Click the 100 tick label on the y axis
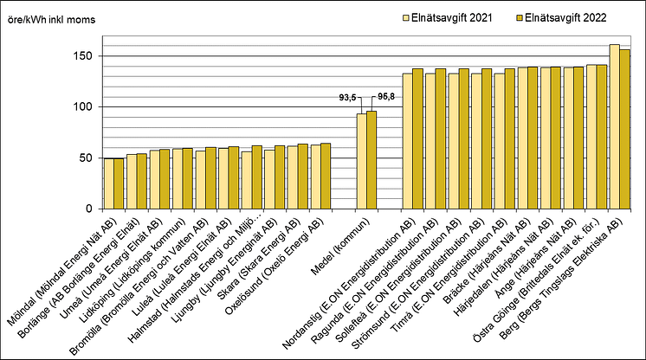81,107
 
